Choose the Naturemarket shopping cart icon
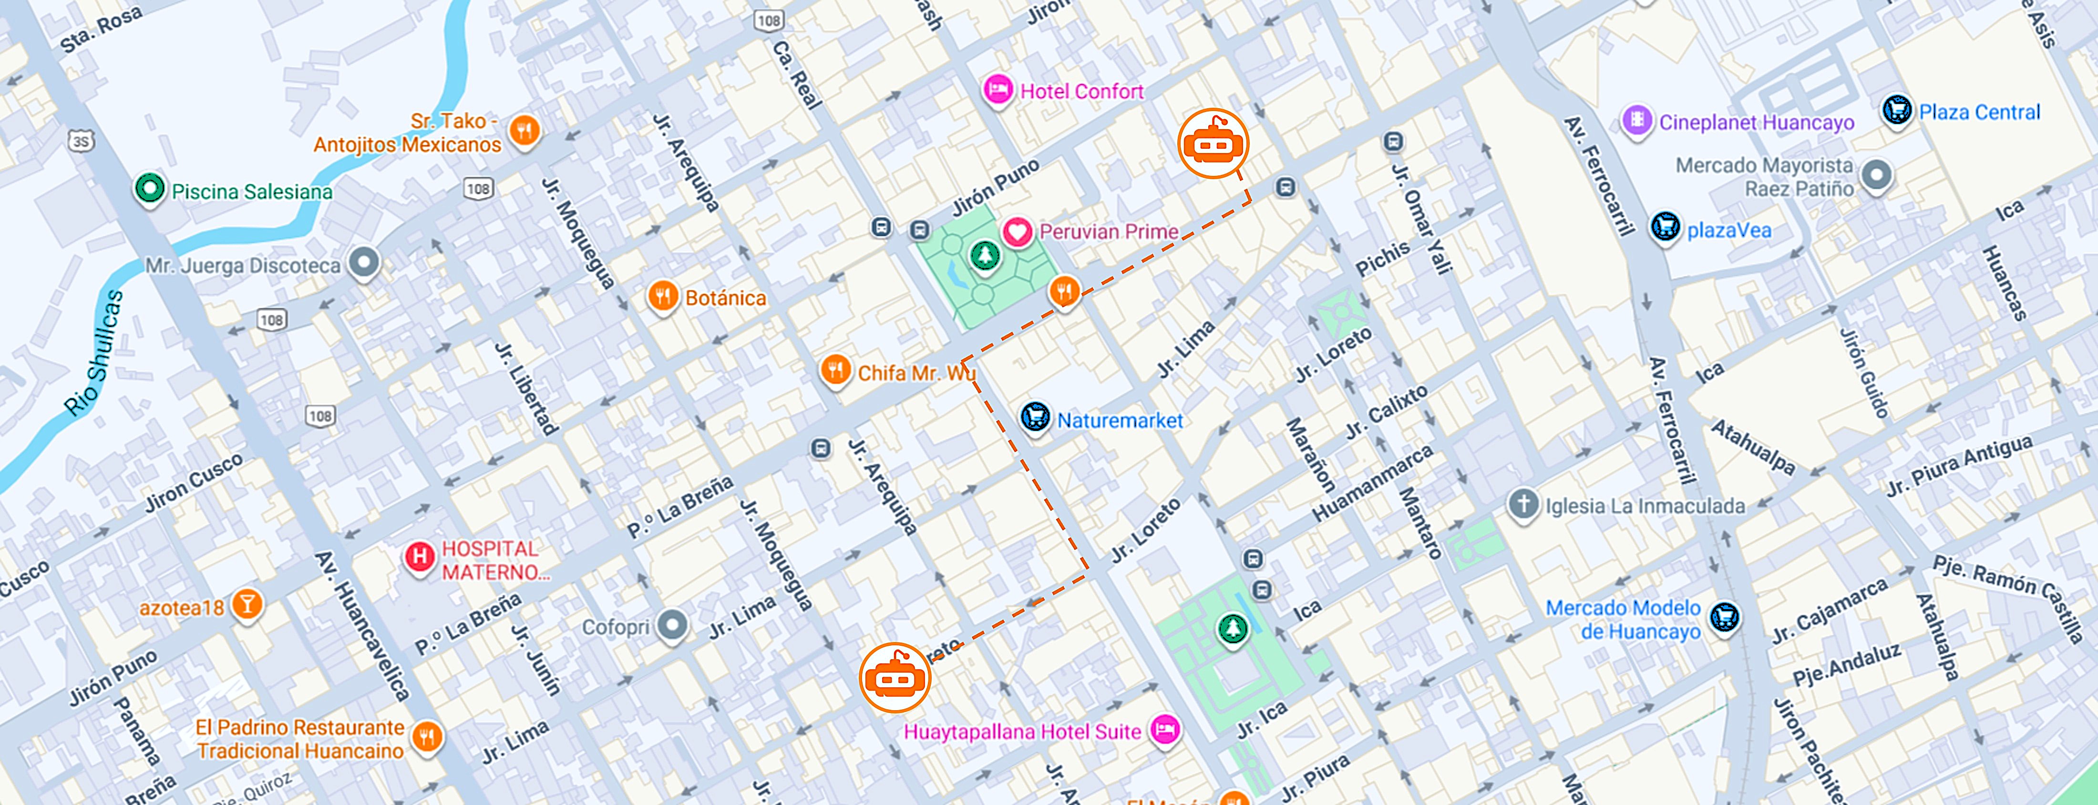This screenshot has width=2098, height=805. click(1035, 418)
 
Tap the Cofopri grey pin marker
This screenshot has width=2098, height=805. click(673, 626)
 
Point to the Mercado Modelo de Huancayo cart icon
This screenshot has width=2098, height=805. click(1724, 617)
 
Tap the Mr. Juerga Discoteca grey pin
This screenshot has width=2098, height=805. click(364, 263)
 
